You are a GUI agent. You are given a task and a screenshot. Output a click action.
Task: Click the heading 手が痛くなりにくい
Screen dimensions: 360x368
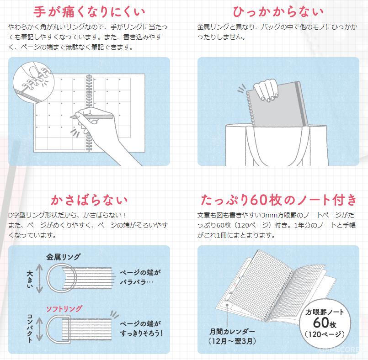(89, 12)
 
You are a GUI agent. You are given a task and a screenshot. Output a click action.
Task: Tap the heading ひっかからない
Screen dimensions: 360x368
(278, 12)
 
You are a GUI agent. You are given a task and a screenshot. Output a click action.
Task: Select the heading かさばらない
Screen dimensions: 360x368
(89, 200)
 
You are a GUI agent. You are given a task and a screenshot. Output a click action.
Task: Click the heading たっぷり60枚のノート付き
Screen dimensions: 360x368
(278, 200)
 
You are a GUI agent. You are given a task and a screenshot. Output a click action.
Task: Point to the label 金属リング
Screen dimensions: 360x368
(63, 257)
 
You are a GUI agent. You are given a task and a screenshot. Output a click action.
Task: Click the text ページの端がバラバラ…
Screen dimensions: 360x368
(140, 277)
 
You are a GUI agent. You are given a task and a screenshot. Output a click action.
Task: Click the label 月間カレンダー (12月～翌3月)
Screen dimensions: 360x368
(232, 336)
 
